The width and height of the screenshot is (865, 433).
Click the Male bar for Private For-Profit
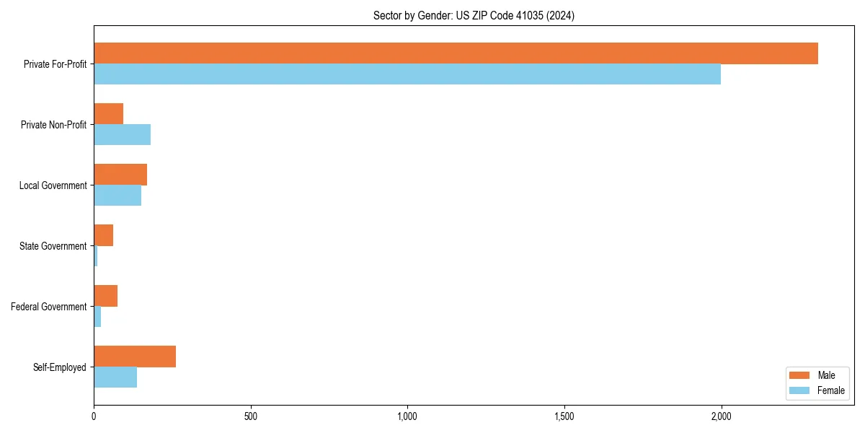456,53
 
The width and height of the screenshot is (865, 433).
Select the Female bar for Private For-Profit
407,74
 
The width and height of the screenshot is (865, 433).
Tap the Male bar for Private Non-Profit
108,114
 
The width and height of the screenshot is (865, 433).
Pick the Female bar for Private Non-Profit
122,135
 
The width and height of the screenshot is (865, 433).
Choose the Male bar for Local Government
120,175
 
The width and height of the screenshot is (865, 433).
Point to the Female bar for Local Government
117,196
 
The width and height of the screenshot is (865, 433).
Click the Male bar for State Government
103,235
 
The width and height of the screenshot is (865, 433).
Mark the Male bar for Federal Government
105,296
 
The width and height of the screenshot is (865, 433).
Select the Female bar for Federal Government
97,317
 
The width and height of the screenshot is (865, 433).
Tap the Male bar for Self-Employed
135,357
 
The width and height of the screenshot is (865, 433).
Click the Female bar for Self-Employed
115,377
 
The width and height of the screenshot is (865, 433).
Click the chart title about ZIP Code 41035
474,15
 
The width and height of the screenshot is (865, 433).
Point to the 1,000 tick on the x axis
407,416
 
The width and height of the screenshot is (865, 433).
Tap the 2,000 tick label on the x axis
721,416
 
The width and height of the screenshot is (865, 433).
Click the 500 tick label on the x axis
251,416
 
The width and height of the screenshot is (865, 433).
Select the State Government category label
53,246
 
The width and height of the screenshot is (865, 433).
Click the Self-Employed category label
59,367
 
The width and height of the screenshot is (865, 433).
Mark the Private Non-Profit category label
53,125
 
